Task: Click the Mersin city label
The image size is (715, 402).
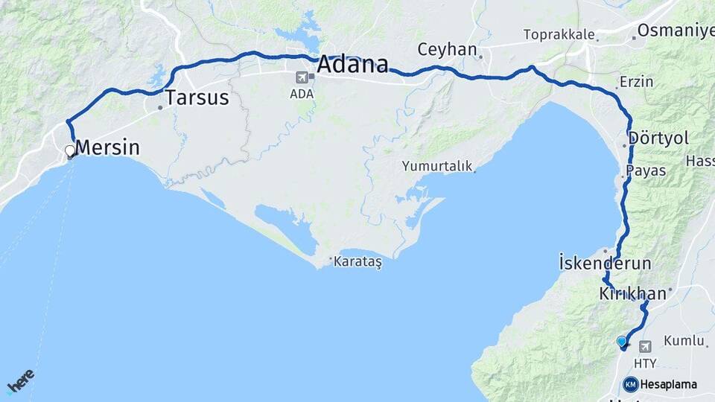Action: pos(108,147)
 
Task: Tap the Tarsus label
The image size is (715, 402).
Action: pos(197,98)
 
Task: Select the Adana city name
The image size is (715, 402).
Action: pos(353,65)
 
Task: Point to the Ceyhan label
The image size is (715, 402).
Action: pos(447,50)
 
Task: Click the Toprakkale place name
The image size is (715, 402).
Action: pos(559,34)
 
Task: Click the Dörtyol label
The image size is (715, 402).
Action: pos(658,138)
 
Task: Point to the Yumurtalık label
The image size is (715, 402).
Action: pos(437,166)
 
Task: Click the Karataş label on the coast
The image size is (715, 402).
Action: pos(357,262)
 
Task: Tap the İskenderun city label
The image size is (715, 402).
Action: pos(605,263)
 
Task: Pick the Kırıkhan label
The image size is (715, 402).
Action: pos(632,294)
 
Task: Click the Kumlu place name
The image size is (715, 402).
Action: pos(683,340)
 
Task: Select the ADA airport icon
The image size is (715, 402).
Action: pos(302,77)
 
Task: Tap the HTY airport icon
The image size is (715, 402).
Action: pos(645,346)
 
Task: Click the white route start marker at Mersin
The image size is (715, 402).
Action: pos(70,151)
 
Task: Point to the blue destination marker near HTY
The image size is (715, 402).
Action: pos(622,342)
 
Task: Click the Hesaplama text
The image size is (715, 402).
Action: pos(668,385)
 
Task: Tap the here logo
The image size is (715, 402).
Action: pos(22,380)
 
